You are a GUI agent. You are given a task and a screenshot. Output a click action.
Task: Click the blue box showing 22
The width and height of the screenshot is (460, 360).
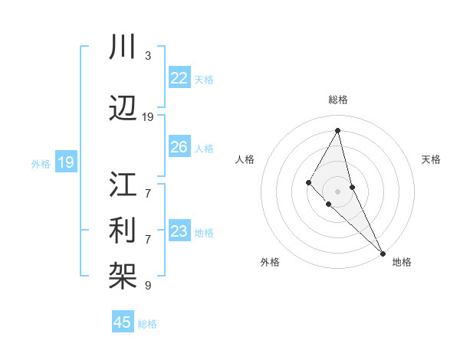click(x=179, y=77)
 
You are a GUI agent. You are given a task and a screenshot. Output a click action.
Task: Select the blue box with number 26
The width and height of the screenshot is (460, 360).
click(x=179, y=147)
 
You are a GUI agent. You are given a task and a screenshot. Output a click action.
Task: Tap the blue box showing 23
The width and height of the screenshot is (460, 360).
click(x=179, y=231)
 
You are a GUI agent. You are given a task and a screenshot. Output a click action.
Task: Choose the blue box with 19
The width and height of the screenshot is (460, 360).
click(x=66, y=162)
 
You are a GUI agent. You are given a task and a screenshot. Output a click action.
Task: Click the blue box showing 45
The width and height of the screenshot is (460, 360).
click(x=123, y=322)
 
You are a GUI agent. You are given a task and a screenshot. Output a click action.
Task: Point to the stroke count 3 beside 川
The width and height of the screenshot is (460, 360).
click(x=147, y=55)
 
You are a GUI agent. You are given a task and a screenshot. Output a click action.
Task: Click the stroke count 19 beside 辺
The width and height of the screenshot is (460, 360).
click(x=148, y=116)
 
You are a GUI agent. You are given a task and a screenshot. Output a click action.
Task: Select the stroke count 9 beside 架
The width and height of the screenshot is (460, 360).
click(x=147, y=285)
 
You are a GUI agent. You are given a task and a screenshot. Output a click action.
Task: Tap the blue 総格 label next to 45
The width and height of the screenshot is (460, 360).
click(x=147, y=324)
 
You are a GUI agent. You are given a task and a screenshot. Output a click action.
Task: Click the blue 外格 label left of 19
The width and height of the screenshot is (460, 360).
click(x=41, y=163)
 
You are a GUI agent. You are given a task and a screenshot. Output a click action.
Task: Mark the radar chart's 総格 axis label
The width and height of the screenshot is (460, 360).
click(x=337, y=100)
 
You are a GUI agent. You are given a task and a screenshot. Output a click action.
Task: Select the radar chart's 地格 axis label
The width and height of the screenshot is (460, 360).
click(x=402, y=262)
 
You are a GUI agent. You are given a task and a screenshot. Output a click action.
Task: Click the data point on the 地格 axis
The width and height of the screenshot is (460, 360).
click(x=383, y=253)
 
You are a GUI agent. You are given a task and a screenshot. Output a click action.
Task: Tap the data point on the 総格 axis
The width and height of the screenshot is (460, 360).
click(x=337, y=130)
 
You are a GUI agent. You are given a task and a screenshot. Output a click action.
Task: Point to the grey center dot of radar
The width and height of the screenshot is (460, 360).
click(x=337, y=191)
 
